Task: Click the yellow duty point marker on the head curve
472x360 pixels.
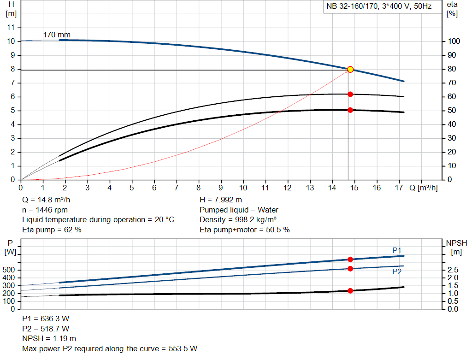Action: [350, 69]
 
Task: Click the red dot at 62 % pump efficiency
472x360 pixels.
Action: [350, 94]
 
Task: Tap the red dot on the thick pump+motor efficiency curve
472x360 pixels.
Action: [350, 110]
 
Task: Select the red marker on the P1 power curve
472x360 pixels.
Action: [350, 260]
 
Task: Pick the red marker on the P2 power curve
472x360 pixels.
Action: [350, 268]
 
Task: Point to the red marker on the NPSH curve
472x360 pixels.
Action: [350, 291]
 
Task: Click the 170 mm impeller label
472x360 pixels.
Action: [54, 35]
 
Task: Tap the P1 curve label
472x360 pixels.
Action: [397, 250]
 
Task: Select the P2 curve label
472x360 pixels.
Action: [397, 272]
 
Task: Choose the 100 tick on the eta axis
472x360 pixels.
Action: [454, 41]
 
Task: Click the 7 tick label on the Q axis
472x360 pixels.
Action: [177, 188]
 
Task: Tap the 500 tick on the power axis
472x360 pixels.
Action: [10, 270]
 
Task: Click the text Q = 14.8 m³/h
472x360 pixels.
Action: [47, 200]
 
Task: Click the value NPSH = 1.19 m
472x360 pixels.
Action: [49, 338]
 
